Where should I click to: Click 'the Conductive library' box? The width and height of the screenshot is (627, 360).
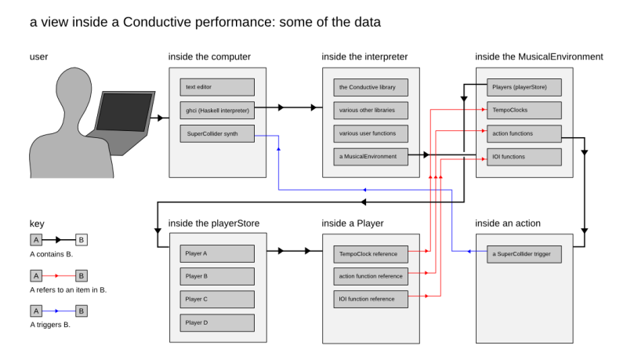tap(371, 87)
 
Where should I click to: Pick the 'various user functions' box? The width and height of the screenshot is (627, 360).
tap(371, 133)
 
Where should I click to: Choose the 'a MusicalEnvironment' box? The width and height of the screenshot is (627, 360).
tap(371, 156)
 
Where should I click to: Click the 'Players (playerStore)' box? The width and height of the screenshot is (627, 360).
tap(524, 87)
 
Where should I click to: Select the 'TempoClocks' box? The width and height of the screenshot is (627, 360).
tap(524, 110)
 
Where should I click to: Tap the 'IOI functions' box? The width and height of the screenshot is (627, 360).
tap(524, 156)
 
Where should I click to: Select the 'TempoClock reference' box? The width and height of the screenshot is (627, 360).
tap(371, 254)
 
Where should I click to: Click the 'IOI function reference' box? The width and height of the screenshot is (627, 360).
tap(371, 299)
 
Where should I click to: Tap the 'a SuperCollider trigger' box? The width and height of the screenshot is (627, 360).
tap(524, 254)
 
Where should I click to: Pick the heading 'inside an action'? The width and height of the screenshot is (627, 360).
tap(511, 224)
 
